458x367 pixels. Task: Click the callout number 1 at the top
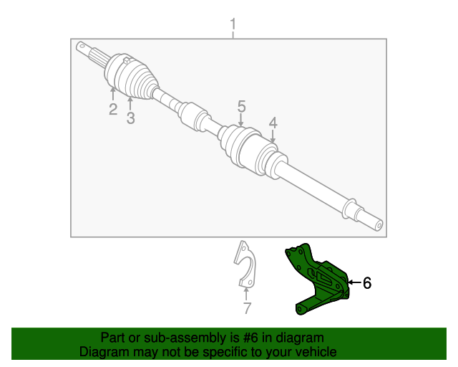coord(233,27)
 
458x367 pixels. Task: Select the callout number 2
coord(113,109)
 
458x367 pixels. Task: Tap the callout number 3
coord(130,118)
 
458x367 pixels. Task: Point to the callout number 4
coord(273,123)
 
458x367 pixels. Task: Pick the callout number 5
coord(242,106)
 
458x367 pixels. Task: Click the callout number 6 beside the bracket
coord(367,283)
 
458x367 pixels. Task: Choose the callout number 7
coord(247,309)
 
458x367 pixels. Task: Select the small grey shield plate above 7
coord(245,264)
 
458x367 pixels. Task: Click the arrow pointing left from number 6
coord(354,283)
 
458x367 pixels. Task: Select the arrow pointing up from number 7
coord(246,293)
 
